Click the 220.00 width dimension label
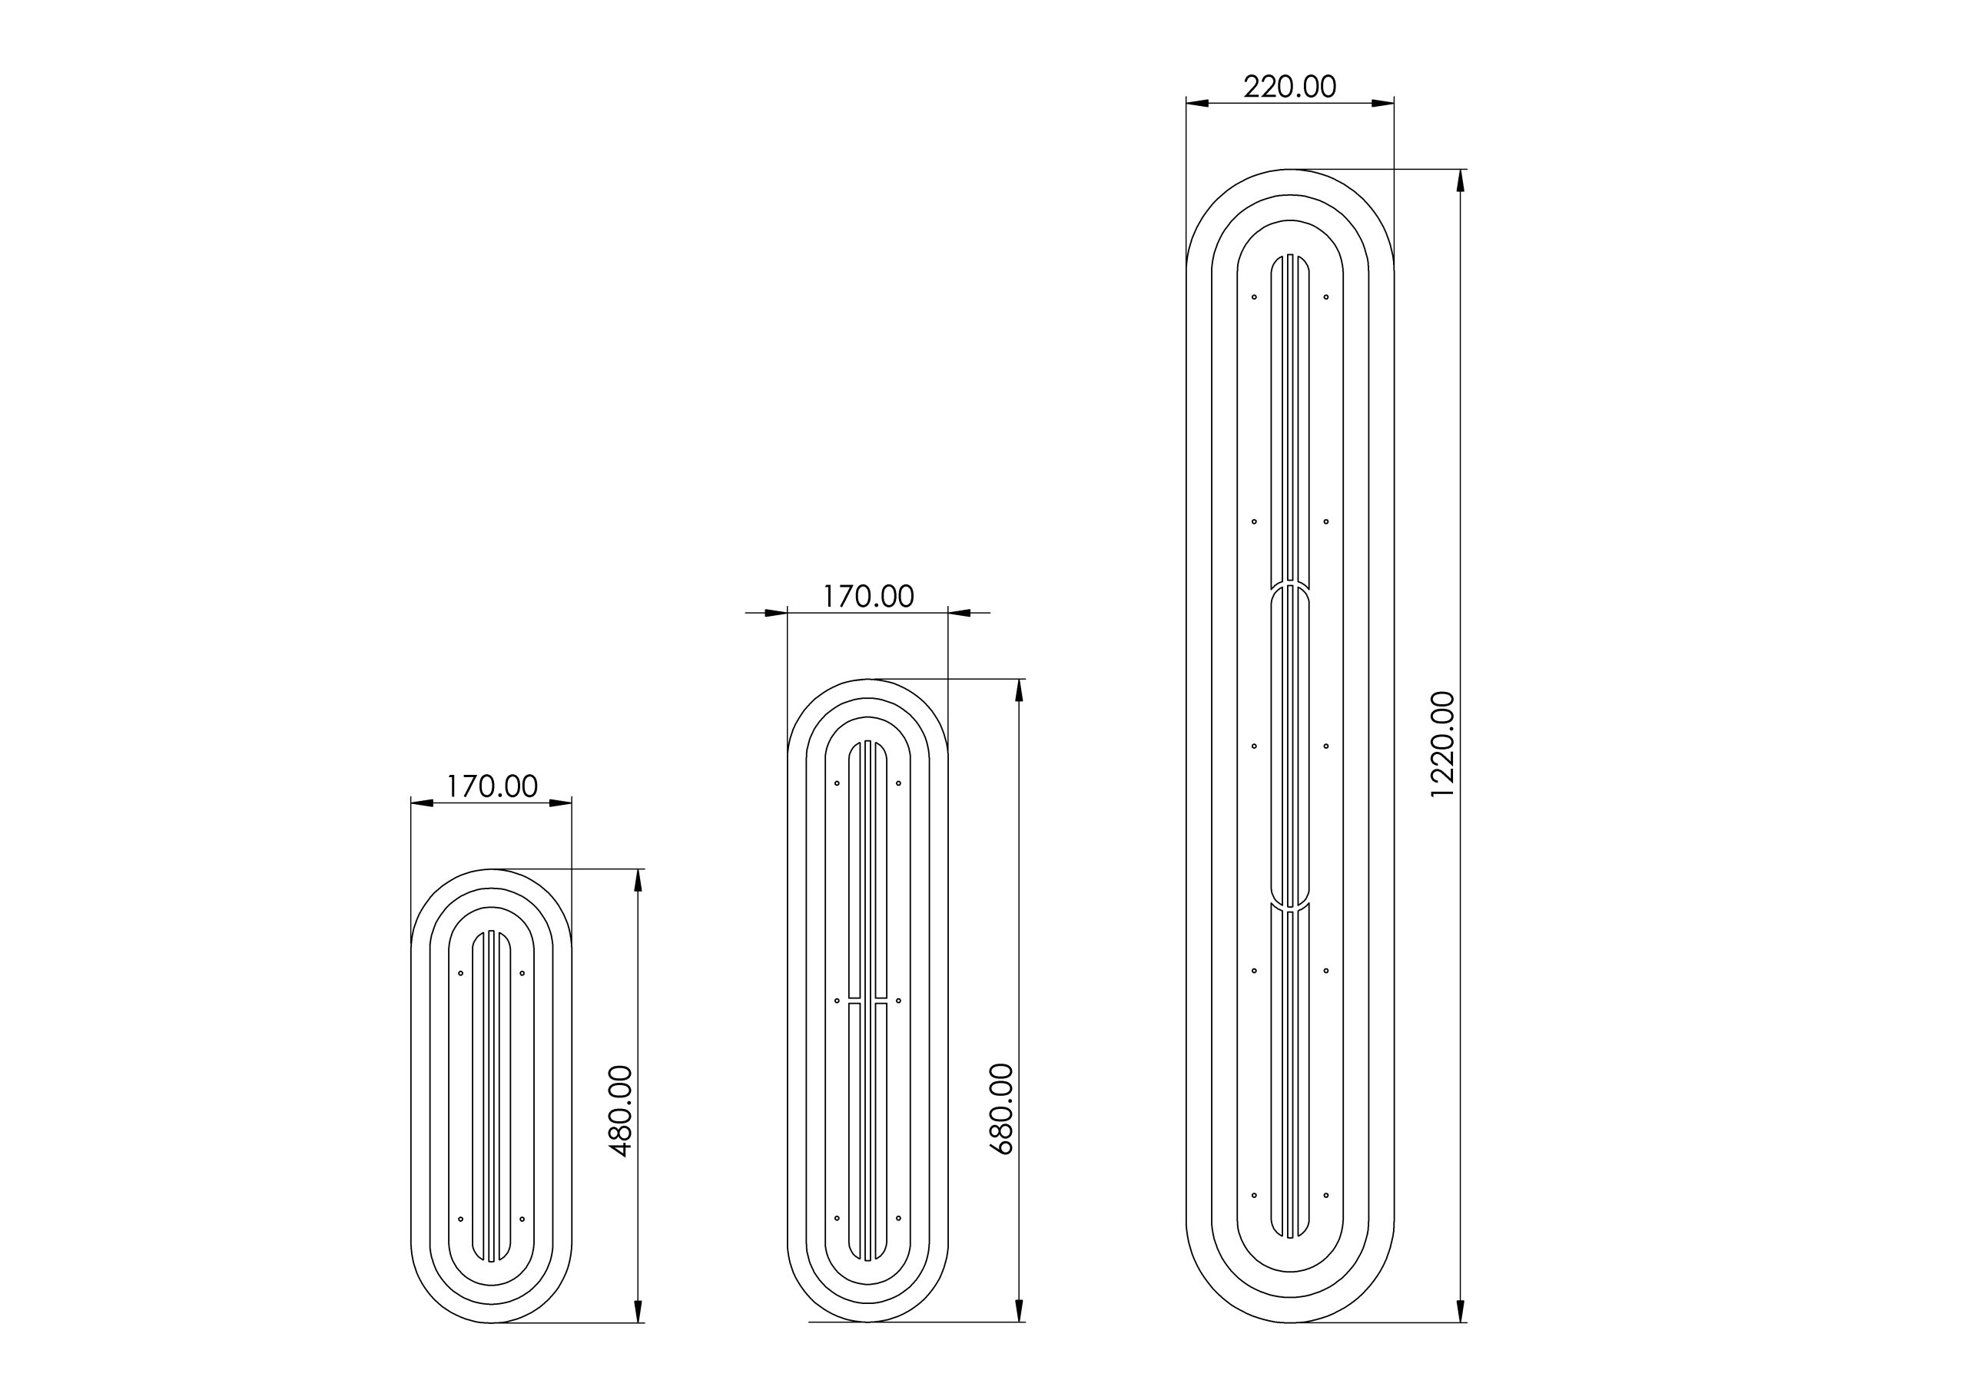(1289, 88)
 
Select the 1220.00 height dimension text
(1443, 745)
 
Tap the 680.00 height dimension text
(1001, 1109)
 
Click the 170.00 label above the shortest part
(492, 786)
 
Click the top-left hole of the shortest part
(461, 974)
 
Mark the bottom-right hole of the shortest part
(522, 1219)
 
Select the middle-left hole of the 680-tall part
(837, 1001)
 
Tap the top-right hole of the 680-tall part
(898, 783)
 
